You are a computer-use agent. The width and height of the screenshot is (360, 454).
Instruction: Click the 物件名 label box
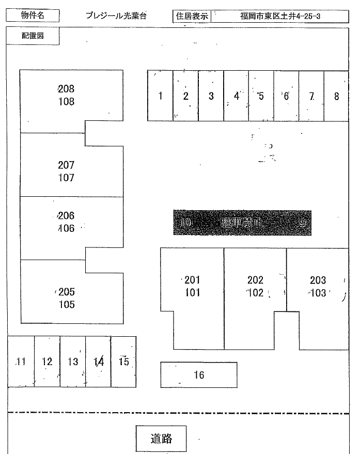tap(33, 15)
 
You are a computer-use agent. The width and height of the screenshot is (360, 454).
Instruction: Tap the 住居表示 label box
tap(192, 16)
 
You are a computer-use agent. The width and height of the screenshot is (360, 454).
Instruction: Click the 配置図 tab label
tap(33, 36)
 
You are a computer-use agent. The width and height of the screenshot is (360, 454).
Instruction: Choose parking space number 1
tap(160, 96)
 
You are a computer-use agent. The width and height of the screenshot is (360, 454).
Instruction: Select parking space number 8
tap(337, 96)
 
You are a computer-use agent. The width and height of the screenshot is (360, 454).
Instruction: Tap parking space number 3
tap(211, 96)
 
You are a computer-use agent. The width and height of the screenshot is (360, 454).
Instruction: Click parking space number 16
tap(199, 375)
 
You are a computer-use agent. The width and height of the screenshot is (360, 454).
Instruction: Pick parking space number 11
tap(21, 362)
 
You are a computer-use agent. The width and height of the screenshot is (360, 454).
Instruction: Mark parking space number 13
tap(73, 362)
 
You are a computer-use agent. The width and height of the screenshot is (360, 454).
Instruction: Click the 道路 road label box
tap(161, 439)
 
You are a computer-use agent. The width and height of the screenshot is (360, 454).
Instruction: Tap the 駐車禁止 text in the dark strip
tap(242, 223)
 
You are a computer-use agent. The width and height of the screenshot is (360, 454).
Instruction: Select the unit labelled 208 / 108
tap(66, 96)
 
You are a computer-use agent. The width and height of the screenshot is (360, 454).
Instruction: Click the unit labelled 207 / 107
tap(66, 171)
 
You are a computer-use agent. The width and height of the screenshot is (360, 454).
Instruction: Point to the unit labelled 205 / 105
tap(66, 298)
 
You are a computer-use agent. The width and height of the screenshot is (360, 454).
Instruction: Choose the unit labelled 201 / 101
tap(192, 287)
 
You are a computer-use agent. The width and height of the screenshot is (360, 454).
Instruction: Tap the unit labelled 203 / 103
tap(318, 287)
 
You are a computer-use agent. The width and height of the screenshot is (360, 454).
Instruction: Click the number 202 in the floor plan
tap(255, 280)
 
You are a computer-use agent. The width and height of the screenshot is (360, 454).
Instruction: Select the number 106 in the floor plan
tap(66, 228)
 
